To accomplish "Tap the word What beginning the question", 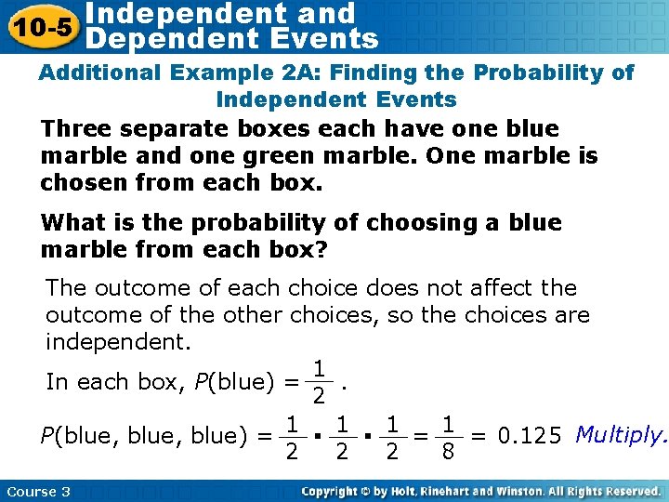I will (75, 223).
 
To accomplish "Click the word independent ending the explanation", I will (117, 341).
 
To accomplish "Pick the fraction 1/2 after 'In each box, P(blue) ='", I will (318, 383).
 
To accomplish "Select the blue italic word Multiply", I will (622, 434).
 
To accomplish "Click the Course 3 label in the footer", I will (38, 491).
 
